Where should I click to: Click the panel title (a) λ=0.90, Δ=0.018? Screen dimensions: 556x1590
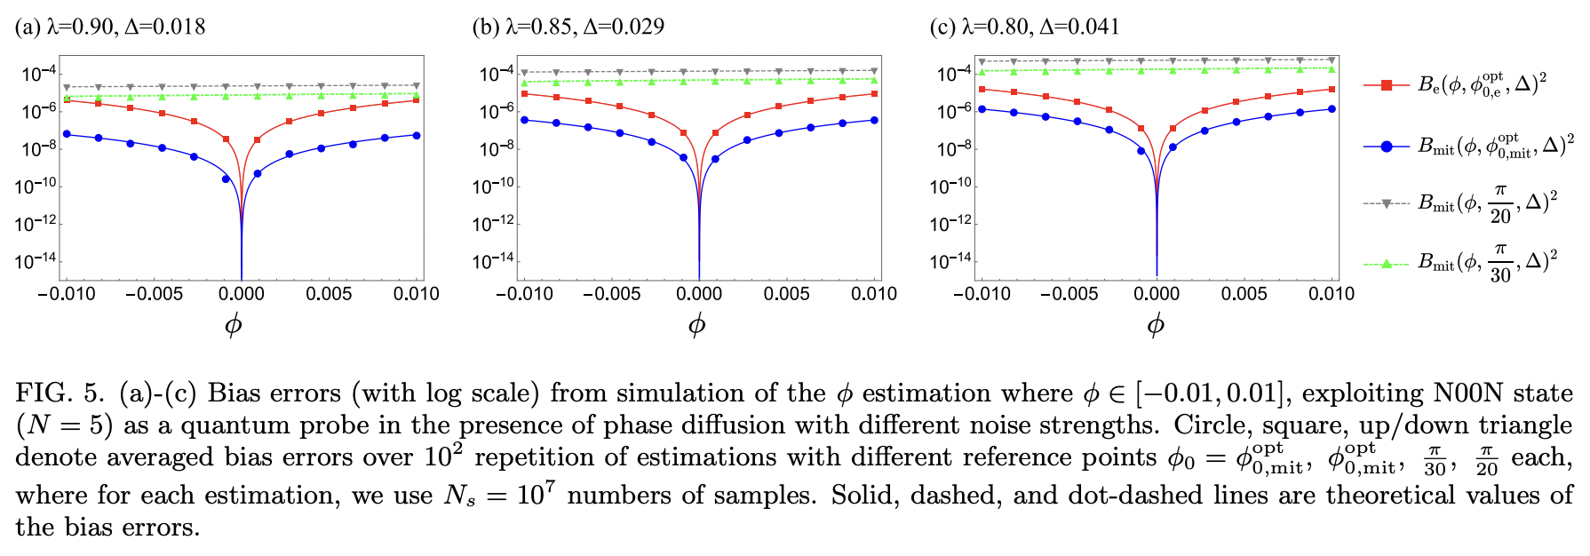110,27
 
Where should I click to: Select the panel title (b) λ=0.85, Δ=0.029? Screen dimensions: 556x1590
568,27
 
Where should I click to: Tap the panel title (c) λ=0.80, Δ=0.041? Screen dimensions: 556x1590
1024,27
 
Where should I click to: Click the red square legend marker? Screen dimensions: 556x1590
1386,85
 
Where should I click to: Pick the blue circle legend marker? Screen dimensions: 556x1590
1386,147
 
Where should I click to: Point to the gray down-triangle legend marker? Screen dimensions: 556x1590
1386,204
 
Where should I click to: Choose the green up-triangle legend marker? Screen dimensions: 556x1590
1386,263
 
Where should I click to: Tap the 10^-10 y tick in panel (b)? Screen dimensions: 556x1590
493,187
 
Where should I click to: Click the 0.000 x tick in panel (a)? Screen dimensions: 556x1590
242,294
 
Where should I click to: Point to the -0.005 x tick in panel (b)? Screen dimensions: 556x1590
611,294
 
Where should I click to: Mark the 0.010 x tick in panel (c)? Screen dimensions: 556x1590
1332,294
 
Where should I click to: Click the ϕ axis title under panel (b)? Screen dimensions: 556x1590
697,325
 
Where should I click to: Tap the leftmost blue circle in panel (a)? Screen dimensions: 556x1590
67,134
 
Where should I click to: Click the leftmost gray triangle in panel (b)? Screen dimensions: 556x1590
524,73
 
